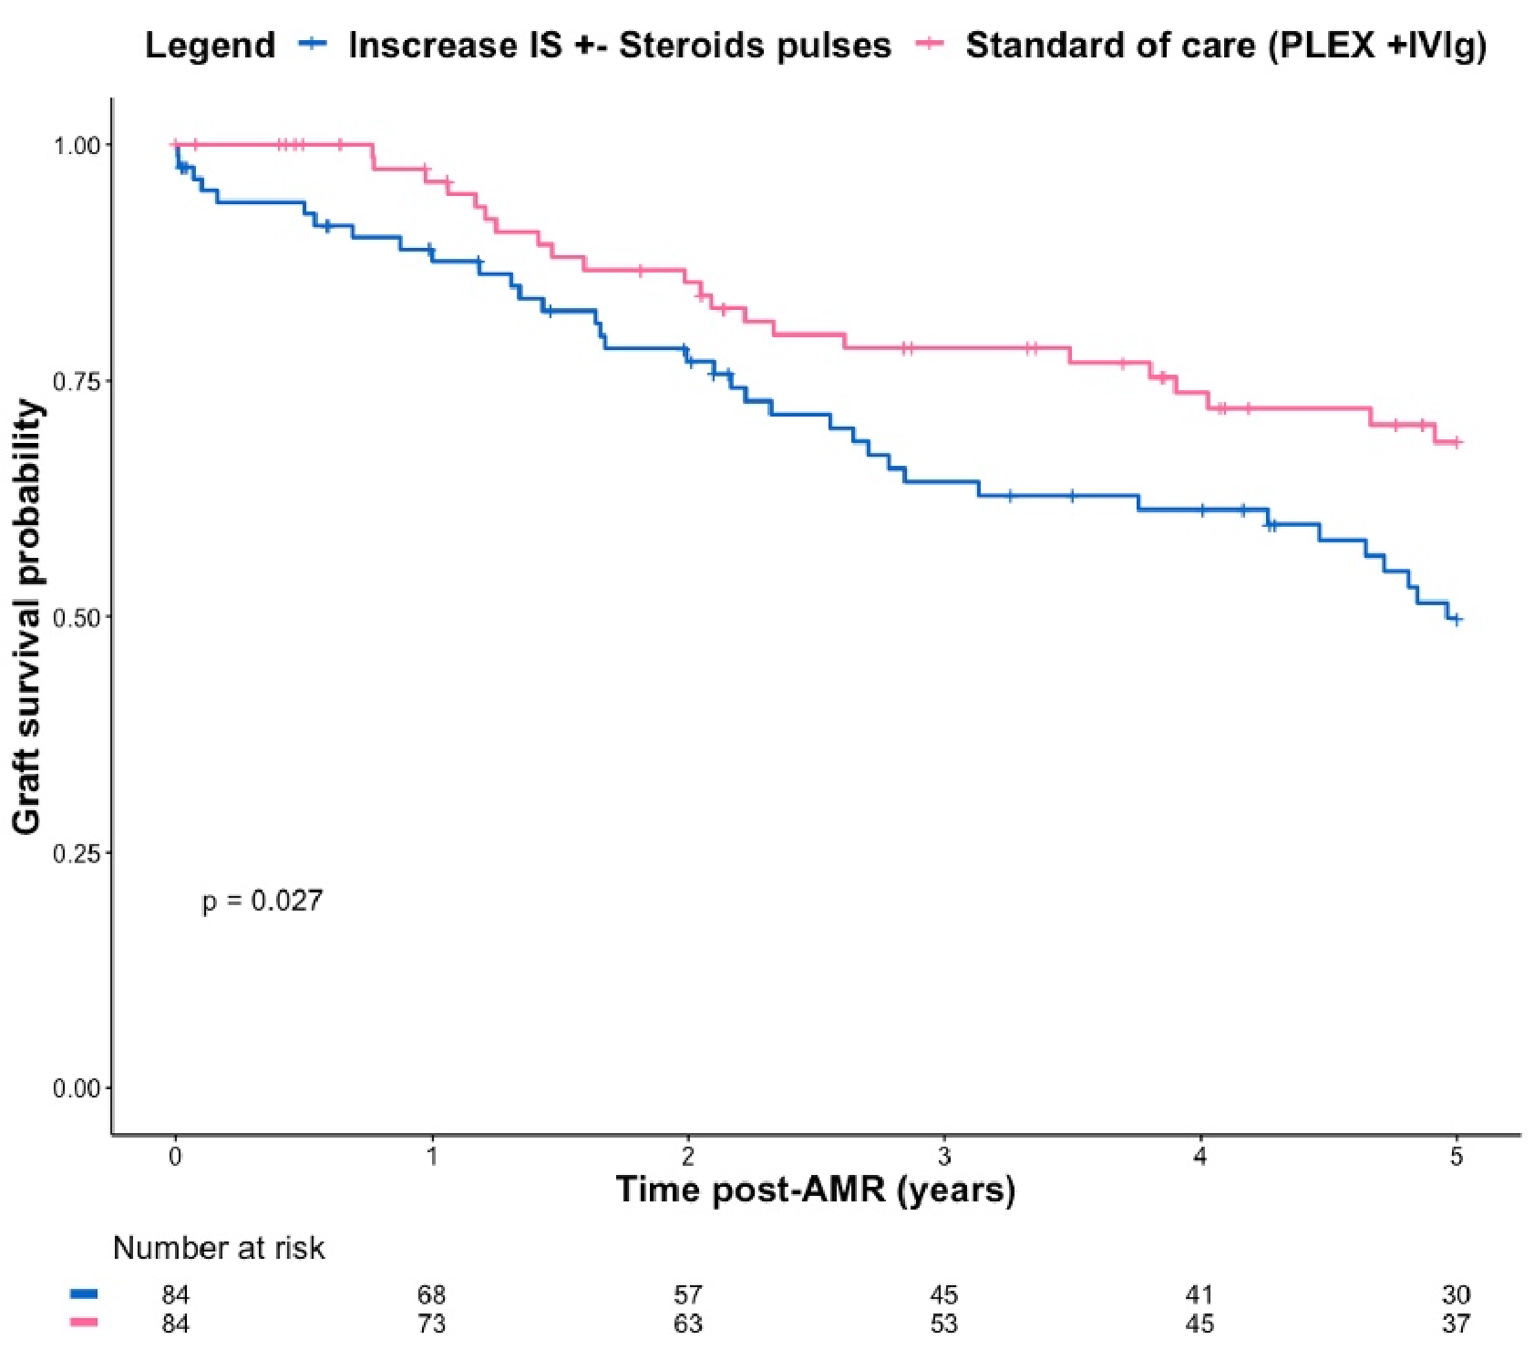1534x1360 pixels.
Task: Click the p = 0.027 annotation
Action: pos(263,901)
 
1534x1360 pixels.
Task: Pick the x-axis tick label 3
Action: pos(944,1156)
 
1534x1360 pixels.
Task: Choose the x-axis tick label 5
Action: pos(1457,1156)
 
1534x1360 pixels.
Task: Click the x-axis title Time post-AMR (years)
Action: pos(815,1190)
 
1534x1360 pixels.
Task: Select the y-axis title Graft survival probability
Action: pos(27,616)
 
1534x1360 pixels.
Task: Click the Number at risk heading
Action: pos(219,1247)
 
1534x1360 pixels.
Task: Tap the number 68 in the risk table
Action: pos(431,1294)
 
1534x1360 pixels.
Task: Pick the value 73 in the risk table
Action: pos(431,1323)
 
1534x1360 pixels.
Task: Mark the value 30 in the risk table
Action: pos(1457,1294)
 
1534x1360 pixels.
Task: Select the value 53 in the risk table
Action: pos(944,1323)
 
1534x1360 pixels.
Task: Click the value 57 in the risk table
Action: pos(688,1294)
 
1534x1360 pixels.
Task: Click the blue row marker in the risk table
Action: pos(84,1293)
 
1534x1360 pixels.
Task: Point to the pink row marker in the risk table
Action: pos(84,1322)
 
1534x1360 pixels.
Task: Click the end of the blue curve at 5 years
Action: pos(1456,620)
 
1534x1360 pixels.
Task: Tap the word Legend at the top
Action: pos(210,45)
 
